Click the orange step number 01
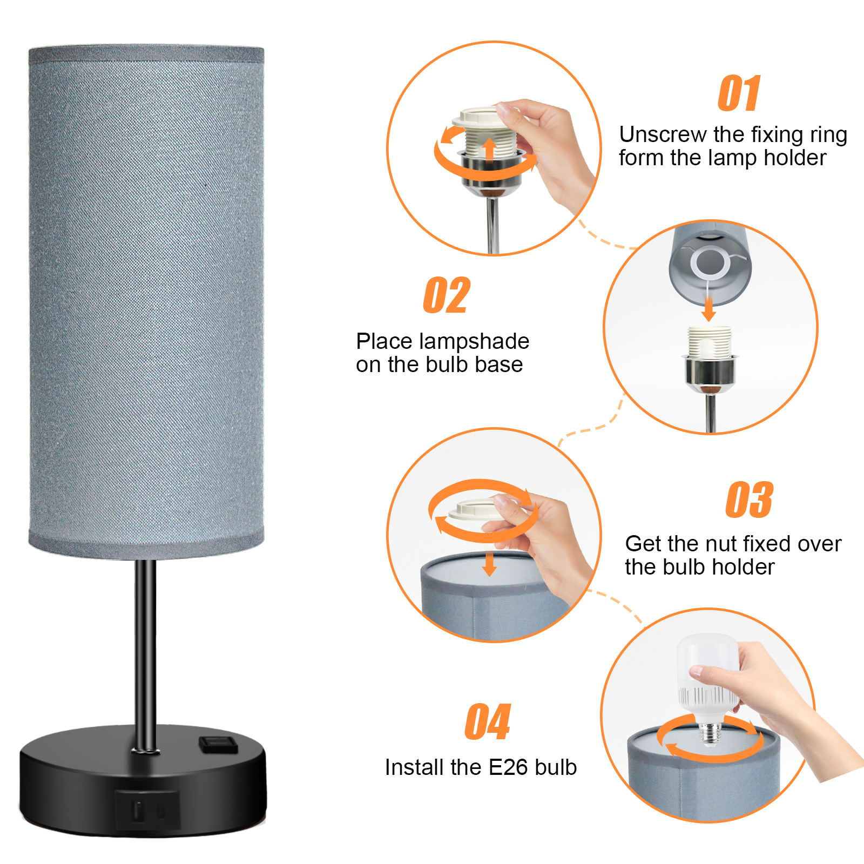click(739, 93)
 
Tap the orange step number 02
click(447, 295)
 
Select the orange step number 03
click(749, 500)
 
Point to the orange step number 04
click(488, 722)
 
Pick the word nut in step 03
click(708, 544)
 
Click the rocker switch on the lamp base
click(218, 744)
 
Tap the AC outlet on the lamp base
click(147, 809)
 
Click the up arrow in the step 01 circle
click(489, 150)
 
